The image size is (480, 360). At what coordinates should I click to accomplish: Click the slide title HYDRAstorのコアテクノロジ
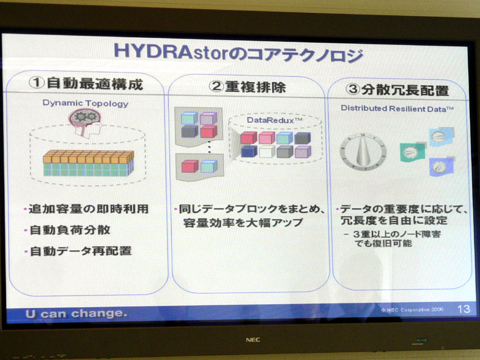[x=238, y=53]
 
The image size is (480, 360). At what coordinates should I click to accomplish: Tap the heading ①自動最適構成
[x=86, y=83]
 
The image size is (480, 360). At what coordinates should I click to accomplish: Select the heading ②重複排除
[x=247, y=87]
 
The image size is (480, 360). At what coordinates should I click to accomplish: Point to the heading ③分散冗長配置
[x=397, y=90]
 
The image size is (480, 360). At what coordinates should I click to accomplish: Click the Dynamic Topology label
[x=85, y=103]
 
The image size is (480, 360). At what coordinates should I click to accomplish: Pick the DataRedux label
[x=275, y=120]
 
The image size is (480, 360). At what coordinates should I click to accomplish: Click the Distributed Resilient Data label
[x=397, y=109]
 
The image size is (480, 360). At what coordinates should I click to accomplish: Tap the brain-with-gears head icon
[x=85, y=123]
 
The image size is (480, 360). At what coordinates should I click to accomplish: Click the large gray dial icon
[x=363, y=152]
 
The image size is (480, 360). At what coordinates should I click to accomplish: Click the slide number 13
[x=463, y=309]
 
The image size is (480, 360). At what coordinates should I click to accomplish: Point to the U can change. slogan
[x=76, y=313]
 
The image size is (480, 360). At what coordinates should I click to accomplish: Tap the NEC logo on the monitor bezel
[x=253, y=340]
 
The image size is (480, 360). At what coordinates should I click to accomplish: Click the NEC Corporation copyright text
[x=412, y=310]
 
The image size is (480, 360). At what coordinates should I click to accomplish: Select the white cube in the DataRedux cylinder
[x=266, y=151]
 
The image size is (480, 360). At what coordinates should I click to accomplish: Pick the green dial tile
[x=412, y=152]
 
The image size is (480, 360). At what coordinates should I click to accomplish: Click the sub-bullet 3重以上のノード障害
[x=393, y=234]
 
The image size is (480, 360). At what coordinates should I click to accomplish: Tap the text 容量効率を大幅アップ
[x=243, y=223]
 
